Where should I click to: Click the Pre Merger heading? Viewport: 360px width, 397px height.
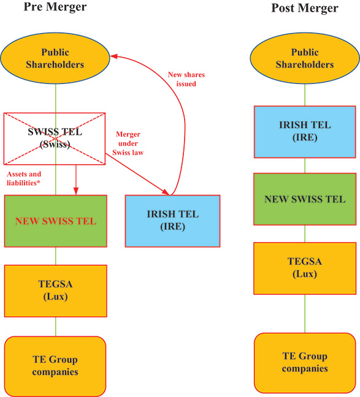click(x=55, y=7)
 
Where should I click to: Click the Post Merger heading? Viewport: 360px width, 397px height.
click(x=305, y=8)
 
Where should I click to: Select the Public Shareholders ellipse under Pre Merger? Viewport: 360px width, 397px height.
click(x=55, y=58)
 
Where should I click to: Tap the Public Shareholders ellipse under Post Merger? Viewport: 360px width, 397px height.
click(x=305, y=58)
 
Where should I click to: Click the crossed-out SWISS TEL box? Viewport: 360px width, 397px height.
click(x=55, y=138)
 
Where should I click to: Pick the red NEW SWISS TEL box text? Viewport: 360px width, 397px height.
click(x=55, y=221)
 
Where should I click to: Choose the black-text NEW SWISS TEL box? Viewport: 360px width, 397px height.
click(x=305, y=199)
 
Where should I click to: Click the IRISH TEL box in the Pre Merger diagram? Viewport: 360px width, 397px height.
click(x=172, y=221)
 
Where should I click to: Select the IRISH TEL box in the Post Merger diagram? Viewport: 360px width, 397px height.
click(x=305, y=131)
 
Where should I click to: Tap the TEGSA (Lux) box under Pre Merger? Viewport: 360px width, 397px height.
click(x=55, y=291)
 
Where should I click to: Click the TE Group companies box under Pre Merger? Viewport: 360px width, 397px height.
click(x=55, y=366)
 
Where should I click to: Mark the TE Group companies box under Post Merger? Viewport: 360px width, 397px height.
click(x=305, y=363)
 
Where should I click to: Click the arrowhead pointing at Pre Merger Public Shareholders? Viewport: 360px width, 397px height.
click(x=113, y=56)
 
